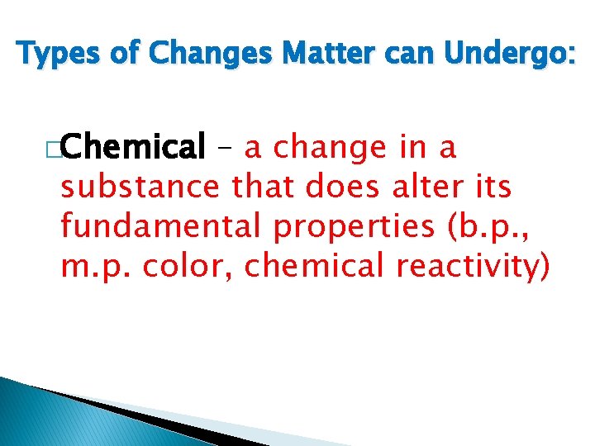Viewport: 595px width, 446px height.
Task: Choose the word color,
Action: [x=183, y=267]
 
